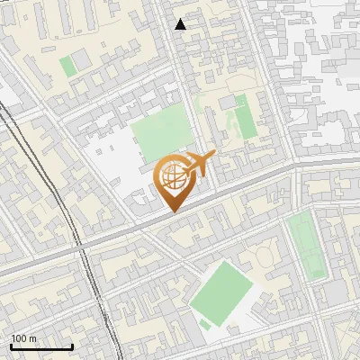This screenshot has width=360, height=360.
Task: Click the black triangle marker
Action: [181, 24]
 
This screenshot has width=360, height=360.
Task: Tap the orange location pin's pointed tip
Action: [174, 211]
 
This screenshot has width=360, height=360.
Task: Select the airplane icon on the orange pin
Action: [199, 163]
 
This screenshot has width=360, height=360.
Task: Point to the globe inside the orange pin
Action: [173, 177]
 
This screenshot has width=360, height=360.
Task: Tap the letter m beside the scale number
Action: [34, 337]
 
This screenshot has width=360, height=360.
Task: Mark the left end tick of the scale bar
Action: [11, 346]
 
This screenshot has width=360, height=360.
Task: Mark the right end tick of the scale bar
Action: [72, 346]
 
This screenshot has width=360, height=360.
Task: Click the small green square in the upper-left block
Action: [67, 66]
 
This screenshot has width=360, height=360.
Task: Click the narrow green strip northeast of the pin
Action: [245, 121]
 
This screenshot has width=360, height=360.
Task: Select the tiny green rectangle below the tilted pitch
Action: [206, 324]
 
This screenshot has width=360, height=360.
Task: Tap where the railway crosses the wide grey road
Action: [81, 244]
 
